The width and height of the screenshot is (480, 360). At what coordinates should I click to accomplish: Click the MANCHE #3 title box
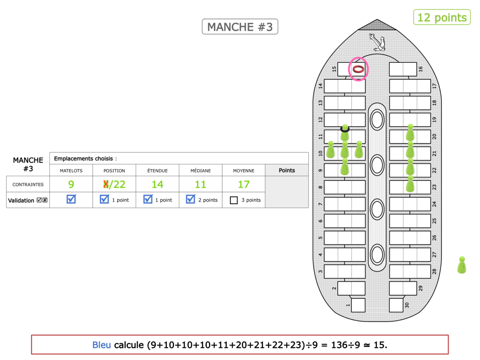(240, 27)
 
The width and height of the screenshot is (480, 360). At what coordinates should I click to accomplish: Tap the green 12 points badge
(442, 18)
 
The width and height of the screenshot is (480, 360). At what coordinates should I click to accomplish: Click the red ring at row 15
(358, 69)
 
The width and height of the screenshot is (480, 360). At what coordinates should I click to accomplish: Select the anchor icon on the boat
(376, 42)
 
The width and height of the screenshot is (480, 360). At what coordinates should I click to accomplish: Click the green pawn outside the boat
(462, 265)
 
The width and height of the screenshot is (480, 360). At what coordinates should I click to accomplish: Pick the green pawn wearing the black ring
(345, 133)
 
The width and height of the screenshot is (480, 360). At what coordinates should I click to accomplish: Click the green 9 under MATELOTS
(71, 184)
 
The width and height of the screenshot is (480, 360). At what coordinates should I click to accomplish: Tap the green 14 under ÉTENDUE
(157, 184)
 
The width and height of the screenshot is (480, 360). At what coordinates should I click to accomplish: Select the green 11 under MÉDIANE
(201, 184)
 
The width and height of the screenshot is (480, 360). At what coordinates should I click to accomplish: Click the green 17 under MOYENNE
(244, 184)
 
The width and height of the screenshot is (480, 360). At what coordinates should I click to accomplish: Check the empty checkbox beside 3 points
(234, 200)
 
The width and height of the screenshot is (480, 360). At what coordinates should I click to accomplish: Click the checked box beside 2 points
(191, 199)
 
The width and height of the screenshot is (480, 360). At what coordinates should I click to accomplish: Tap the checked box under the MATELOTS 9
(71, 199)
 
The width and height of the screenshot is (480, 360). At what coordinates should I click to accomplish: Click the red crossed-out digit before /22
(106, 184)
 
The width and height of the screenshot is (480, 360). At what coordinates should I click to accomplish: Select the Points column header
(287, 170)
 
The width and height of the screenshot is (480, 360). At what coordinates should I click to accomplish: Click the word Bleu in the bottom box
(102, 344)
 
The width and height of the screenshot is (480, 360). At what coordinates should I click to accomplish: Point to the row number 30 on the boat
(407, 305)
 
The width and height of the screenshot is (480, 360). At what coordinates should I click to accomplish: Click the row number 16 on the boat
(420, 69)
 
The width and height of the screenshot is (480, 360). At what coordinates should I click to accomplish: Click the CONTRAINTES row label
(28, 185)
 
